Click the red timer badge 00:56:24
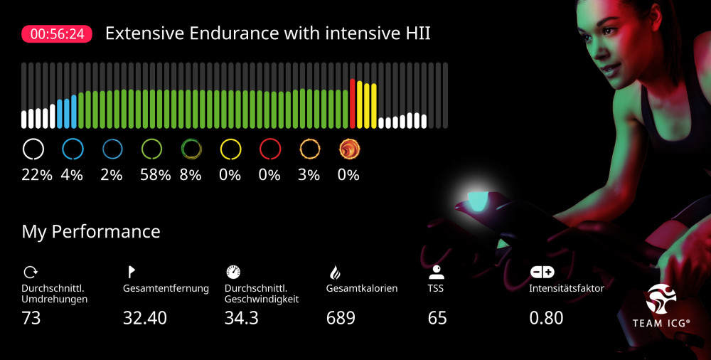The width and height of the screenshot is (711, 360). click(57, 34)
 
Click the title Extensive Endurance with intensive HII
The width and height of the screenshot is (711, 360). click(267, 33)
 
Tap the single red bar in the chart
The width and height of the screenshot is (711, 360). click(353, 103)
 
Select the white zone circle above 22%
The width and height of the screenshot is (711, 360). click(33, 149)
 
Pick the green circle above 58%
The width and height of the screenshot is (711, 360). click(151, 149)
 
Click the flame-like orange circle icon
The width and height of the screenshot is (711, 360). click(349, 149)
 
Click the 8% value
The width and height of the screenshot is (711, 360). click(191, 174)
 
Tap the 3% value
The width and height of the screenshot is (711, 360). click(309, 174)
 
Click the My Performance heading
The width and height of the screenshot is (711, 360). click(91, 231)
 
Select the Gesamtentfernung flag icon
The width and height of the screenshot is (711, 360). click(131, 271)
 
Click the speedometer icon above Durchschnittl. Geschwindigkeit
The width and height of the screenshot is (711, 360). click(233, 271)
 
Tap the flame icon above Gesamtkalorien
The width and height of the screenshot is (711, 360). click(335, 271)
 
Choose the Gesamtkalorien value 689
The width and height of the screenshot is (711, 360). click(341, 318)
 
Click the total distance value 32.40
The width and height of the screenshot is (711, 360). click(145, 318)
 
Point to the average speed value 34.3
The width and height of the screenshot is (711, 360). click(241, 318)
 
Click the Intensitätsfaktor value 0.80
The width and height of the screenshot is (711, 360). click(546, 318)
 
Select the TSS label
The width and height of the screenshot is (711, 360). click(436, 289)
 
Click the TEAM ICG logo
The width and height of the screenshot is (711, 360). click(661, 306)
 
